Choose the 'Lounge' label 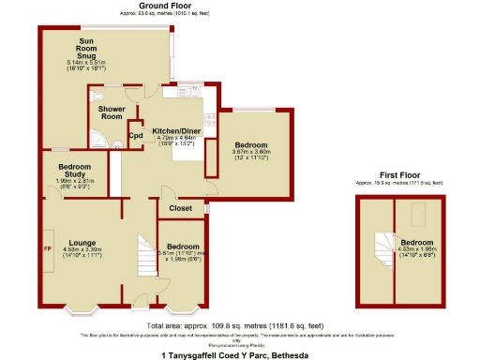[x=82, y=243]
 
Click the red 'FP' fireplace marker [x=46, y=249]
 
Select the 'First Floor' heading [x=398, y=175]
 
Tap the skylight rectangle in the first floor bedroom [x=417, y=217]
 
